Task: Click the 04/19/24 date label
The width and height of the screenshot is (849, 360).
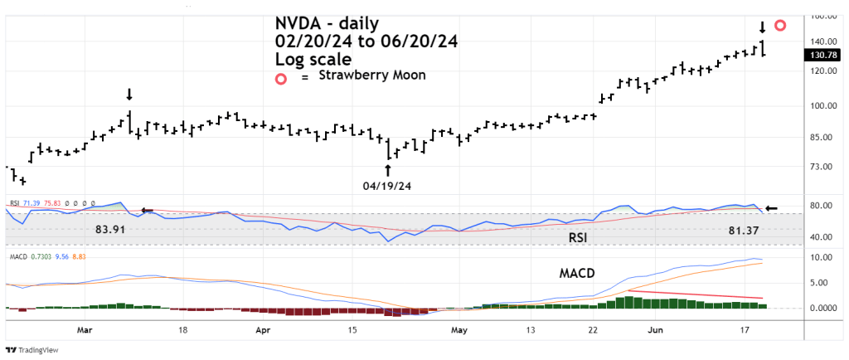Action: (x=387, y=186)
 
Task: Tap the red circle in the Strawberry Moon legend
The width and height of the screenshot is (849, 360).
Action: (x=282, y=78)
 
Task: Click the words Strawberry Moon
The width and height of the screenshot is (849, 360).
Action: (x=372, y=75)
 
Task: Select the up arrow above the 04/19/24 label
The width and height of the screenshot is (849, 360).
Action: (x=387, y=171)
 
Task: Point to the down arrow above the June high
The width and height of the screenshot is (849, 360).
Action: (x=762, y=27)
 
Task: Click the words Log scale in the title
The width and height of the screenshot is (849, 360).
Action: (x=313, y=59)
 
